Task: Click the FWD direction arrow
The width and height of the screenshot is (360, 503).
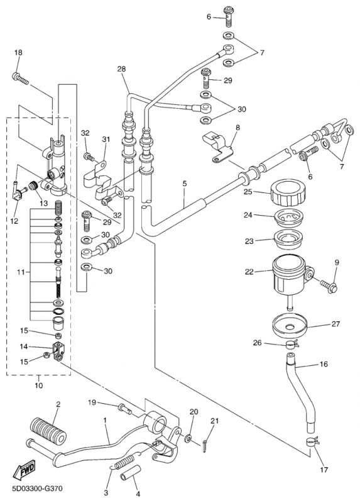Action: pyautogui.click(x=24, y=469)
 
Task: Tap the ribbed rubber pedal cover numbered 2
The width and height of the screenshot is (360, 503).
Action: pyautogui.click(x=48, y=430)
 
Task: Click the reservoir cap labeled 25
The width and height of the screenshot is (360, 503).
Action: pyautogui.click(x=288, y=194)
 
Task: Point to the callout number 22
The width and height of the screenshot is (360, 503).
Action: pyautogui.click(x=249, y=272)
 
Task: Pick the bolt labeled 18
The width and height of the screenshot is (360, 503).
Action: pyautogui.click(x=20, y=79)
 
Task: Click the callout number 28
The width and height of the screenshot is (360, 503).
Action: pyautogui.click(x=121, y=69)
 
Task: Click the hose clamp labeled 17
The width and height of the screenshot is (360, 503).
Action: pyautogui.click(x=312, y=443)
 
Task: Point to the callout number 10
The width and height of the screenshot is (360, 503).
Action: pyautogui.click(x=38, y=385)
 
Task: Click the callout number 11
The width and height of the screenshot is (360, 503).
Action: pyautogui.click(x=21, y=272)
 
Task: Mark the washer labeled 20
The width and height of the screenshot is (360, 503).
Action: pyautogui.click(x=188, y=438)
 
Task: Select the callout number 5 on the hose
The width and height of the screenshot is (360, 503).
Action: pyautogui.click(x=184, y=184)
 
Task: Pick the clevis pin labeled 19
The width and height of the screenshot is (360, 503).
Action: pyautogui.click(x=125, y=408)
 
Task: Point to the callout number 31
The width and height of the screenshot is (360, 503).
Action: pyautogui.click(x=106, y=139)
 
